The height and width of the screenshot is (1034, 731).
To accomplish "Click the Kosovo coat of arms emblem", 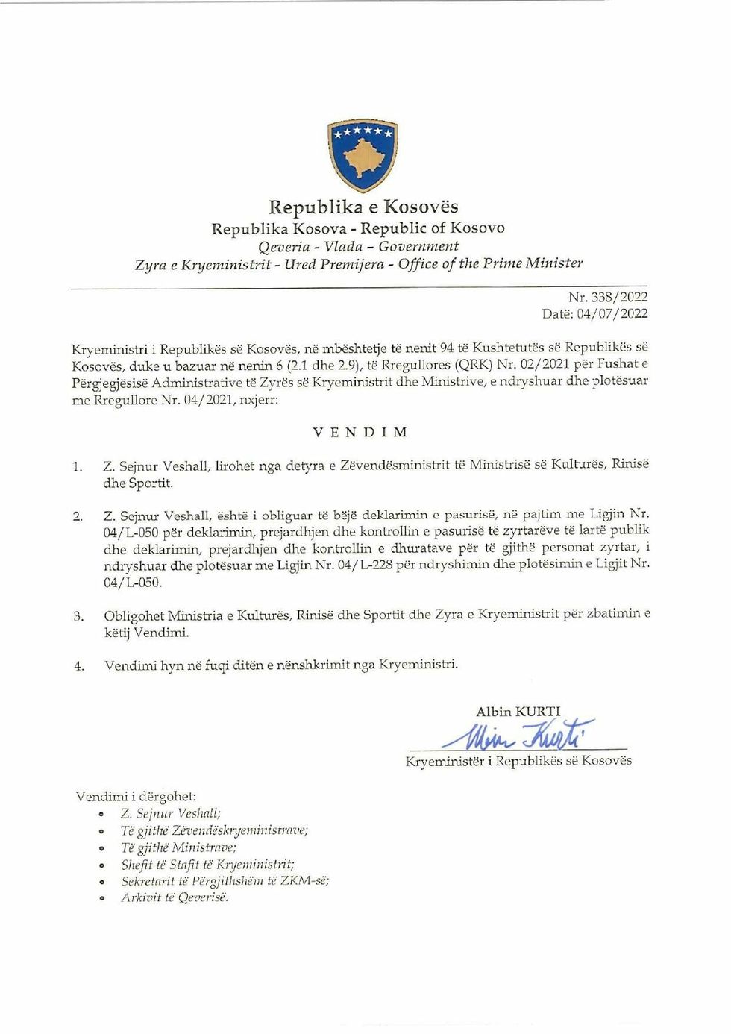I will coord(363,154).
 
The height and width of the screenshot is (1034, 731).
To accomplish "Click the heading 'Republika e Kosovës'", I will coord(363,207).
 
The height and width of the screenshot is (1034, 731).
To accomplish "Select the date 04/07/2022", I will coord(612,313).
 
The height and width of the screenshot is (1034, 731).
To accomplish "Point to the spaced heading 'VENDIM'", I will coord(360,432).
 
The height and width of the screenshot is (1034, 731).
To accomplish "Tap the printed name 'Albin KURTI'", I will coord(518,712).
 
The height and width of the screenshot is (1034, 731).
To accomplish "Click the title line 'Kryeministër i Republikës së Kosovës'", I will coord(518,761).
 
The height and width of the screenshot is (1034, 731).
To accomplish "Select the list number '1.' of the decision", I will coord(78,467).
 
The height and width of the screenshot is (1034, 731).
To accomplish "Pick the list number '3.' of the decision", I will coord(78,617).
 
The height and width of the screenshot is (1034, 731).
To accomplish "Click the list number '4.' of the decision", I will coord(78,666).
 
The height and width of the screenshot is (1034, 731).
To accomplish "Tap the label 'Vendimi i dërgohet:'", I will coord(136,797).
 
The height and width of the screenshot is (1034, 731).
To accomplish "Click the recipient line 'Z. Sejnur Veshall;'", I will coord(170,814).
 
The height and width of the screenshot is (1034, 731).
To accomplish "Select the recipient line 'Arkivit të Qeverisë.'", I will coord(175,897).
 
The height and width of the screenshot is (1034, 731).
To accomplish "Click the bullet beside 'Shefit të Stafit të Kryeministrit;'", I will coord(101,865).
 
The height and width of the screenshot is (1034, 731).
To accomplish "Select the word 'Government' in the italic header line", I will coord(418,246).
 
